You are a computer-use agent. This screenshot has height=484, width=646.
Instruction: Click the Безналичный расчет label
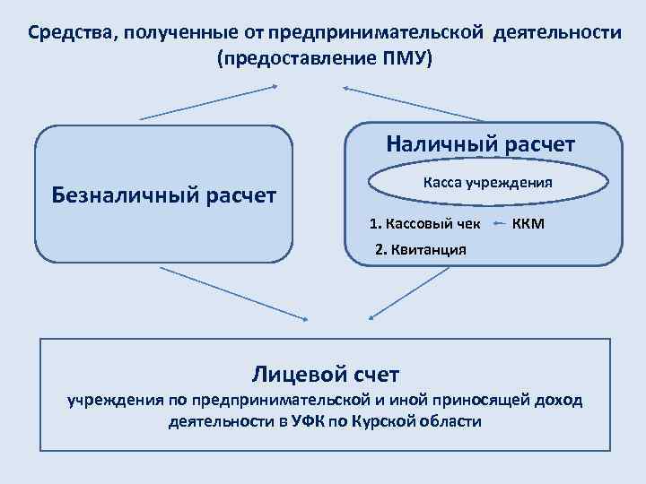coord(164,194)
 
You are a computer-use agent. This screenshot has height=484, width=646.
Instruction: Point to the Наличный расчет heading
coord(481,143)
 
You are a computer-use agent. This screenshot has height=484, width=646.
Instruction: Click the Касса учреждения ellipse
coord(486,182)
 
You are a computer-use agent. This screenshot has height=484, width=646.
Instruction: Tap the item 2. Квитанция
coord(420,249)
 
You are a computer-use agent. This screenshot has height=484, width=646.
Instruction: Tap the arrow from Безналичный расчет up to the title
coord(209,103)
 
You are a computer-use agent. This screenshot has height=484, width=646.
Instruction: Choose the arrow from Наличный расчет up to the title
coord(413,103)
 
